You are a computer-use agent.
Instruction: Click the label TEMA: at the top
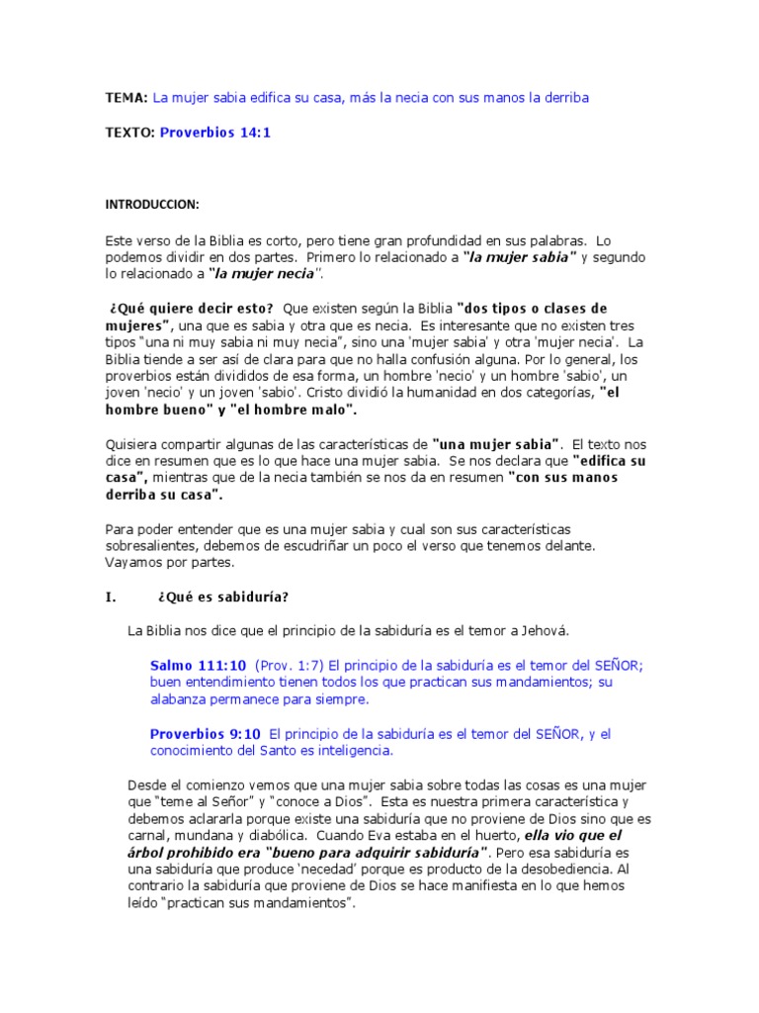point(126,97)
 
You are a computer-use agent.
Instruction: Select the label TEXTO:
point(130,132)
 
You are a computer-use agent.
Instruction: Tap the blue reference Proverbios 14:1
point(214,132)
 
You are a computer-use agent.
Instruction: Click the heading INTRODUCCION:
point(152,205)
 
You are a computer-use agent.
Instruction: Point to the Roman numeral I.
point(111,597)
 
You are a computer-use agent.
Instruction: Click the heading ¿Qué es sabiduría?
point(222,597)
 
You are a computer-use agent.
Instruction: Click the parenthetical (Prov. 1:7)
point(291,666)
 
